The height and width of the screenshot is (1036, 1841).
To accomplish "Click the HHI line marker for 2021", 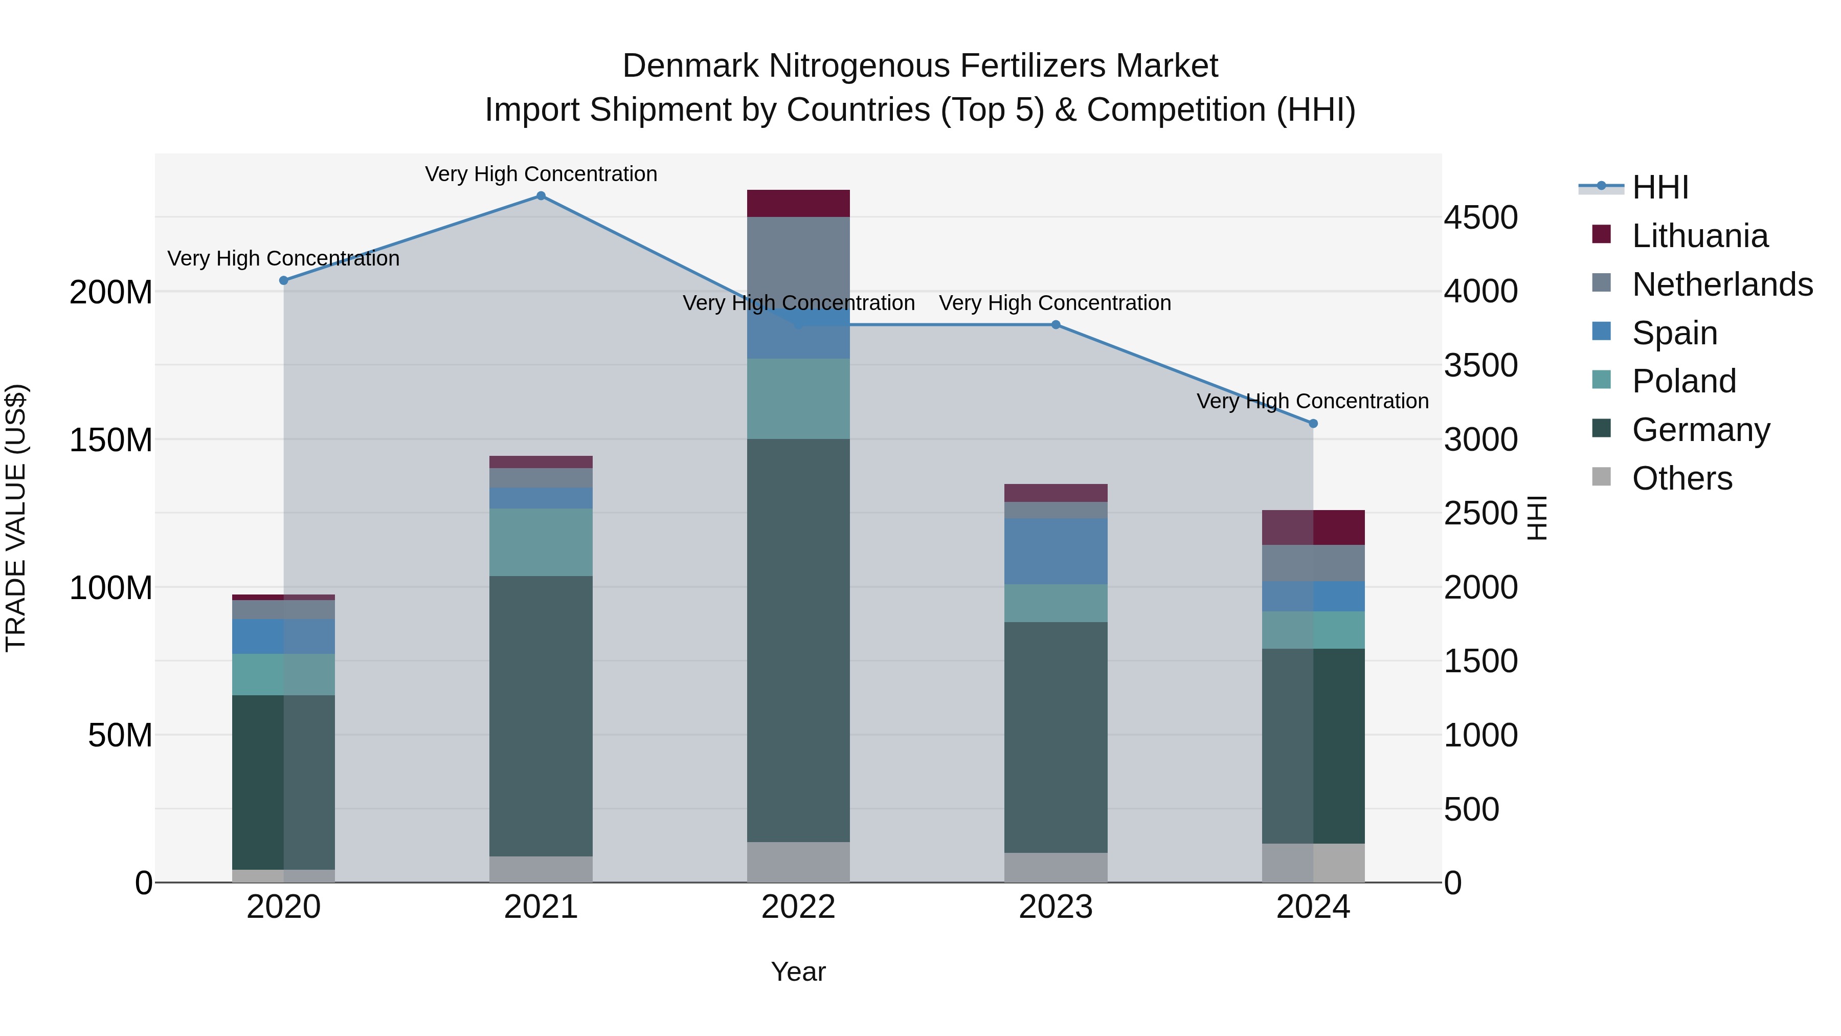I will [x=541, y=196].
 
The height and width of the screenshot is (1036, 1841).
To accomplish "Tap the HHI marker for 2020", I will [x=284, y=281].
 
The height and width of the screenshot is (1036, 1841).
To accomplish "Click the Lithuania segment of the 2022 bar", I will [x=798, y=204].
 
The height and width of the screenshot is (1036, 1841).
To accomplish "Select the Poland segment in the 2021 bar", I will [x=541, y=542].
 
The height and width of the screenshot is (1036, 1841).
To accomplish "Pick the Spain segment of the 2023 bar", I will [x=1056, y=551].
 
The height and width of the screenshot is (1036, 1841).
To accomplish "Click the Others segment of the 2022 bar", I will [x=798, y=862].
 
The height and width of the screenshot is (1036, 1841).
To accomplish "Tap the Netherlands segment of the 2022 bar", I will [x=798, y=257].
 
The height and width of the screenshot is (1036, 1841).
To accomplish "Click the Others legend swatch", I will [x=1602, y=477].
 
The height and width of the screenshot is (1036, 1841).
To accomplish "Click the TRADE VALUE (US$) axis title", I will [x=16, y=518].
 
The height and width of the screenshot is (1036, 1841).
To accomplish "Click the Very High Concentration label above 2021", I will [x=541, y=174].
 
